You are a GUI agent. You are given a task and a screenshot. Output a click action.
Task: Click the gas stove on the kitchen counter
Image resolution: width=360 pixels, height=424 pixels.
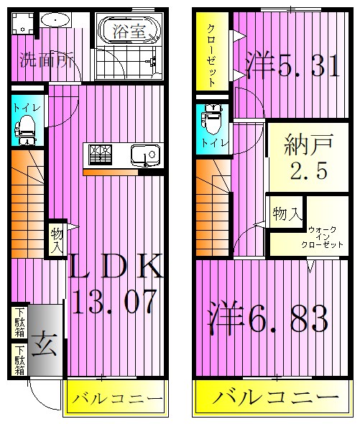tap(100, 154)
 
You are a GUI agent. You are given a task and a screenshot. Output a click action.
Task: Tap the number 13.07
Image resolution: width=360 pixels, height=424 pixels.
tap(115, 301)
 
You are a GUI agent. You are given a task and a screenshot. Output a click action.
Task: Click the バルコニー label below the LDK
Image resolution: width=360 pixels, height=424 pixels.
tap(115, 400)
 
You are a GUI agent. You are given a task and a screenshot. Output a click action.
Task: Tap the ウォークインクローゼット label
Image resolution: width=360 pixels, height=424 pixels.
tap(326, 236)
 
